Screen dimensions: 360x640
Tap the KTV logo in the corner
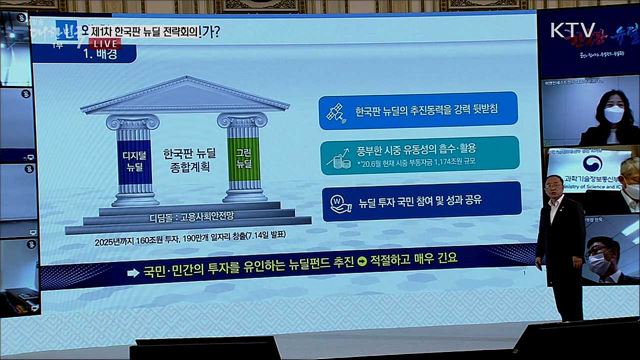571,31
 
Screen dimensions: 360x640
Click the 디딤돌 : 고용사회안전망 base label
189,214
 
